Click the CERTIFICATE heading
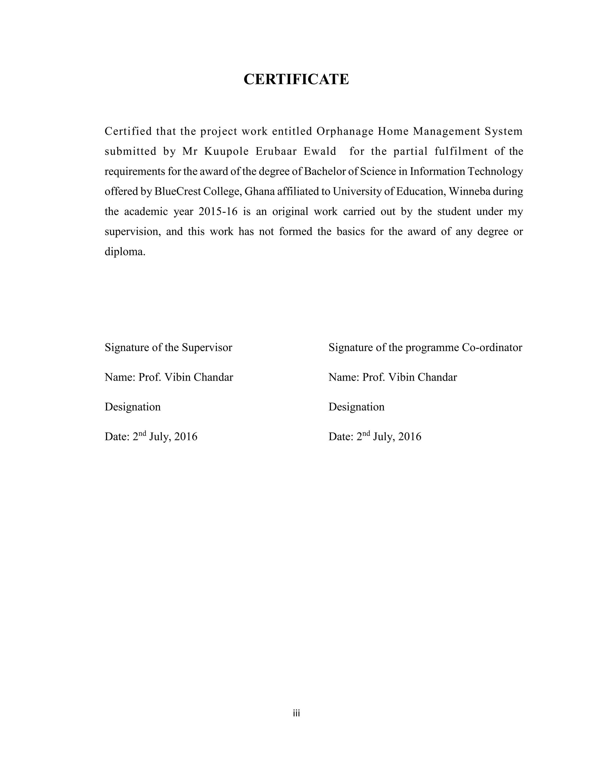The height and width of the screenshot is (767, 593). coord(296,79)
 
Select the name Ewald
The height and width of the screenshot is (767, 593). coord(320,151)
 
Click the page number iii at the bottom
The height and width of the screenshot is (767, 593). coord(296,713)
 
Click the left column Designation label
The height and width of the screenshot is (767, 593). coord(132,407)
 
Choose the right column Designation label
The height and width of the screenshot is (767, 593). coord(356,407)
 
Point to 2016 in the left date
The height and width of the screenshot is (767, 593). coord(186,436)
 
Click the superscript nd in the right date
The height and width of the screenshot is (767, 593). coord(366,433)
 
